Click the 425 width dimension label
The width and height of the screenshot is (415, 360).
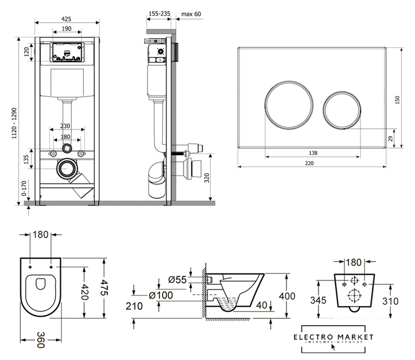67,19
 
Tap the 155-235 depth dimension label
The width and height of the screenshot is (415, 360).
160,13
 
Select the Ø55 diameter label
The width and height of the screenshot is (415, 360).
179,280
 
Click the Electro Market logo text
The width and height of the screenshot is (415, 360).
337,337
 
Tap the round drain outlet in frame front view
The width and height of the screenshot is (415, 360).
68,168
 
